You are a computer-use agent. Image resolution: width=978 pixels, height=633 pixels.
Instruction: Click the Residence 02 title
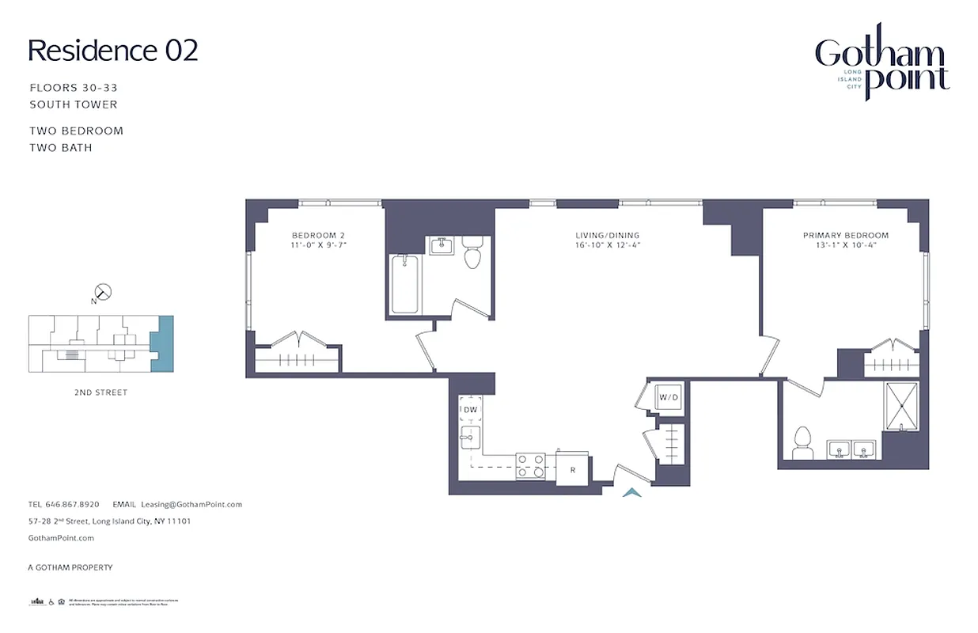113,50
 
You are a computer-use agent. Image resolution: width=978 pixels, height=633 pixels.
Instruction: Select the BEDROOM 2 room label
319,235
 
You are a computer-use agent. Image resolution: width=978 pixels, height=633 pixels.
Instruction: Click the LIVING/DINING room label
607,235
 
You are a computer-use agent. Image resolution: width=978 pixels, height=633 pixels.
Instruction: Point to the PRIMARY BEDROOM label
845,235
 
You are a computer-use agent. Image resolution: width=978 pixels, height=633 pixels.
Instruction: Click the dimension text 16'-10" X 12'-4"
607,245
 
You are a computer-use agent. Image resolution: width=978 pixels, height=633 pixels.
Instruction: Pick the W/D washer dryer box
669,396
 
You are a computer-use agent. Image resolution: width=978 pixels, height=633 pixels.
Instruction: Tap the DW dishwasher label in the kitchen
470,409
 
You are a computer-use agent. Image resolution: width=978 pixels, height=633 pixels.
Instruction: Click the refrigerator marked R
572,468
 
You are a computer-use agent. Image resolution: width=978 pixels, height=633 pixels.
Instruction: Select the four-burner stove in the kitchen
530,465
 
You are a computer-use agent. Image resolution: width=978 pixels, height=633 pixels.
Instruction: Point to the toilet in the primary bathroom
803,442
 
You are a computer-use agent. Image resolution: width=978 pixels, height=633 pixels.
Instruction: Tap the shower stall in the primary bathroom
902,406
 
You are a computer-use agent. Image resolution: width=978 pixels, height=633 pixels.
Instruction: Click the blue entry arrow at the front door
631,493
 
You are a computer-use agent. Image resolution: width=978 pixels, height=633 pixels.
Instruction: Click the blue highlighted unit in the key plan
162,343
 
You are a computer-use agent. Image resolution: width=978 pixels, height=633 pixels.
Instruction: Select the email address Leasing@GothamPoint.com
191,504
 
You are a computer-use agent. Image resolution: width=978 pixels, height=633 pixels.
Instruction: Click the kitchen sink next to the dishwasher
469,437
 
